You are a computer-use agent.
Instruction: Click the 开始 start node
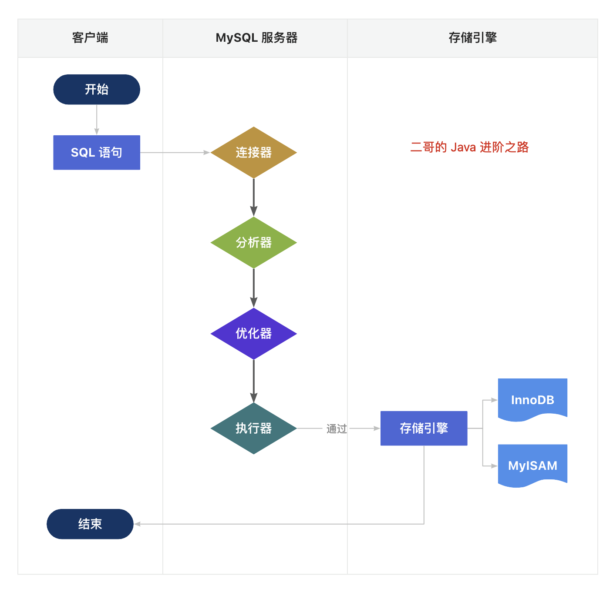pos(97,90)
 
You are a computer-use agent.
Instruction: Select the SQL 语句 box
pos(97,153)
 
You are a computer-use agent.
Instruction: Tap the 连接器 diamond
pos(253,153)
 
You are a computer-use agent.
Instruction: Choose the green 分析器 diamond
pos(253,243)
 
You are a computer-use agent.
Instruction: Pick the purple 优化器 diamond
pos(253,334)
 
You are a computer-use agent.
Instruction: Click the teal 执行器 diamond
pos(253,428)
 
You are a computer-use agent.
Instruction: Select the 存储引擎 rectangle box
pos(424,428)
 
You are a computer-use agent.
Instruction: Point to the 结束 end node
pos(90,524)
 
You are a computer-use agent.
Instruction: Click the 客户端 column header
pos(90,38)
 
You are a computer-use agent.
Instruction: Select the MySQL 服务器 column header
pos(256,38)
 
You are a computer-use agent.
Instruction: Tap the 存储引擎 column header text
pos(472,38)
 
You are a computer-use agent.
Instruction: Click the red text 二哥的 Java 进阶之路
pos(469,147)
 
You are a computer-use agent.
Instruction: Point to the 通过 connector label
pos(337,429)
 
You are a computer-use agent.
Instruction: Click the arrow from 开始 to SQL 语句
pos(97,120)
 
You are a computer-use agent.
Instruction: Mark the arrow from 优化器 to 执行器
pos(253,381)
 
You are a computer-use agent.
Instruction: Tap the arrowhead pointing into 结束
pos(137,524)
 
